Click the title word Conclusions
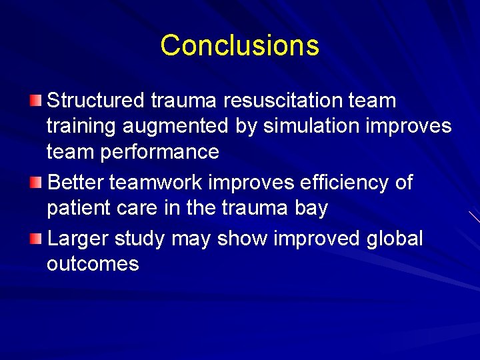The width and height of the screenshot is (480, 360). (239, 45)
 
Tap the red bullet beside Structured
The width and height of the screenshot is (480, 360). (35, 101)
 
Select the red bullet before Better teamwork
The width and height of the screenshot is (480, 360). (35, 183)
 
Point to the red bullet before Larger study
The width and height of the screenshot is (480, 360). (35, 238)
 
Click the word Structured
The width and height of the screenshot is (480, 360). (96, 101)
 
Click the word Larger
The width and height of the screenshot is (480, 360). (78, 238)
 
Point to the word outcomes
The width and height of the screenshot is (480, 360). (93, 264)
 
